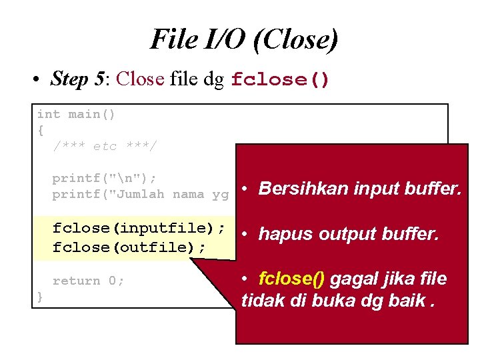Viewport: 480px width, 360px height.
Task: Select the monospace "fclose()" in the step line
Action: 280,80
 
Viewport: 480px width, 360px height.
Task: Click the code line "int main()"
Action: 76,114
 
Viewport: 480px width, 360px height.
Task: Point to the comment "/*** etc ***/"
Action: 105,146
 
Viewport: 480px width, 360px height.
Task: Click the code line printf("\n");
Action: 105,178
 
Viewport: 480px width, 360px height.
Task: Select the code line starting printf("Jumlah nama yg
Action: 140,195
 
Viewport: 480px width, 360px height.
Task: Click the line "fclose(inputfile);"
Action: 139,228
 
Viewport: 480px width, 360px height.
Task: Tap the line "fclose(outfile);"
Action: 129,247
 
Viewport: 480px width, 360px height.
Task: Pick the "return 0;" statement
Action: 88,281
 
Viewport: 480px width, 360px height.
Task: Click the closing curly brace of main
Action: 41,297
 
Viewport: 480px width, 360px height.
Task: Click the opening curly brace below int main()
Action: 41,130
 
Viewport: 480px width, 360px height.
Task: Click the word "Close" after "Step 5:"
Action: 139,79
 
